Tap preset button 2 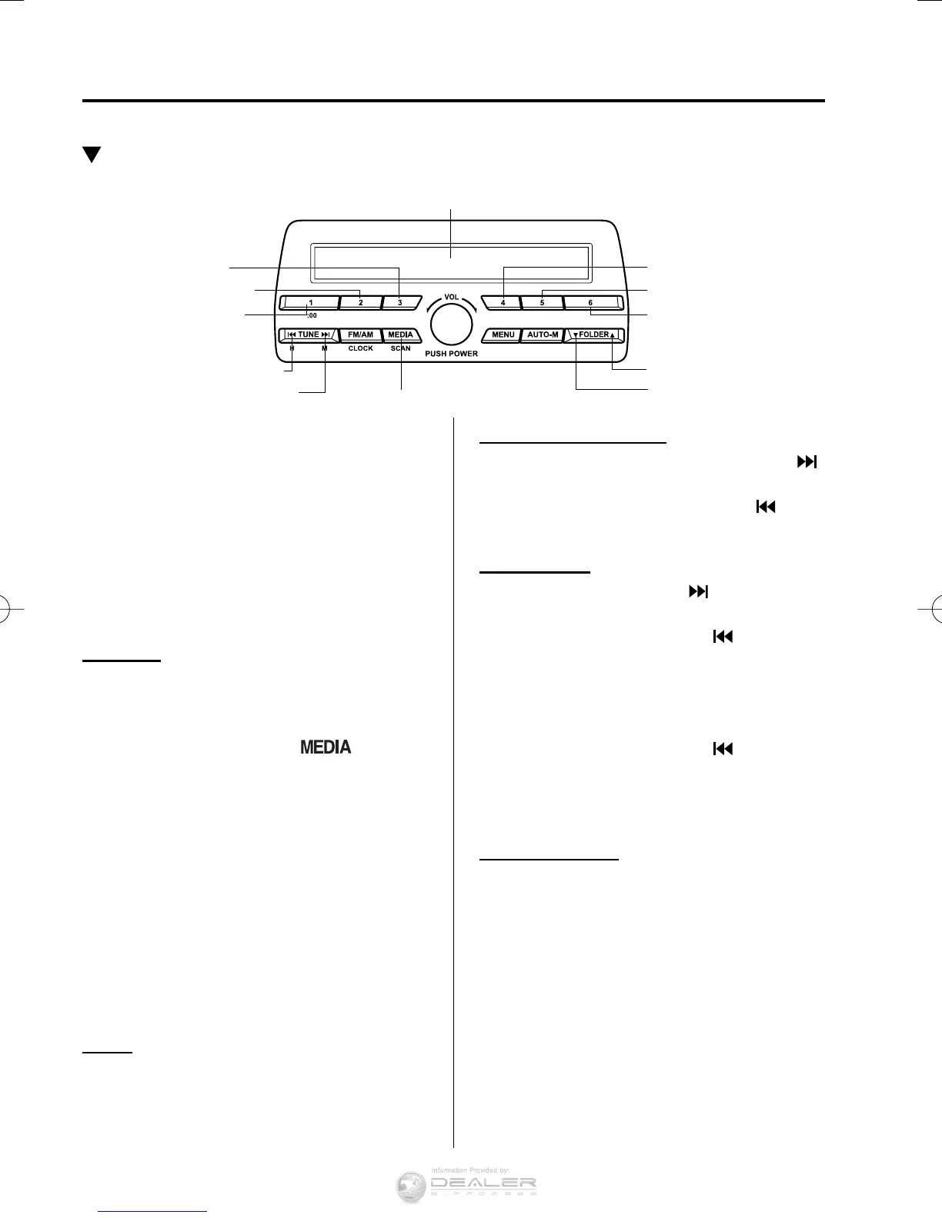360,302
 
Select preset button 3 400,302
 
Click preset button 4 502,302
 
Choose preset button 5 542,302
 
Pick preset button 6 591,302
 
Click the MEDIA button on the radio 400,335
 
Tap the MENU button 503,335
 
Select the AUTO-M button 543,335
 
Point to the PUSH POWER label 451,354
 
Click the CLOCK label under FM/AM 360,348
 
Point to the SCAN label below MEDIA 400,348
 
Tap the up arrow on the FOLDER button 613,335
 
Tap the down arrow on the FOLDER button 576,335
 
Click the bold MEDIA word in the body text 326,747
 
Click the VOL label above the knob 451,297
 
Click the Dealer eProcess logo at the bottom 466,1185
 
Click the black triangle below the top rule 92,155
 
